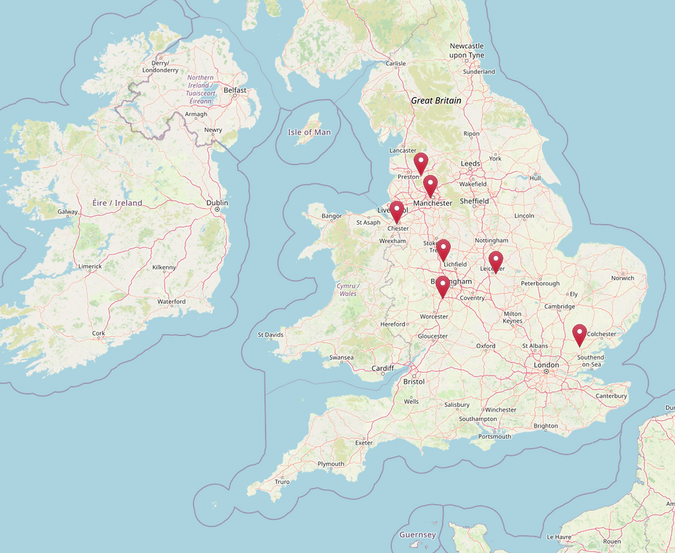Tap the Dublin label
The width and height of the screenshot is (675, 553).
tap(217, 202)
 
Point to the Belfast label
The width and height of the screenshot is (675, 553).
tap(235, 89)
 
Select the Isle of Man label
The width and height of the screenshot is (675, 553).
tap(309, 132)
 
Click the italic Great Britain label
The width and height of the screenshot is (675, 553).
tap(436, 100)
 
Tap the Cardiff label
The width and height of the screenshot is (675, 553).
tap(383, 368)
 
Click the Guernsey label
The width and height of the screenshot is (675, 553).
tap(417, 535)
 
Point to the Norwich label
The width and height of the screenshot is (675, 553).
tap(623, 277)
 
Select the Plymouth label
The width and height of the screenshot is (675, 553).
tap(330, 464)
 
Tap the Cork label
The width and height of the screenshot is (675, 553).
tap(99, 333)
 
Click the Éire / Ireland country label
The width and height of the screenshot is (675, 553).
tap(118, 202)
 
